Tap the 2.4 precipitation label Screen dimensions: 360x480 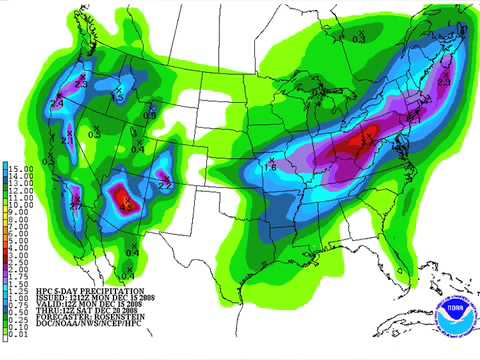(x=57, y=103)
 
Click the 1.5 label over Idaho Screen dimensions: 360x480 (x=118, y=98)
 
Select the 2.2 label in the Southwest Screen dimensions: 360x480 (x=166, y=184)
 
